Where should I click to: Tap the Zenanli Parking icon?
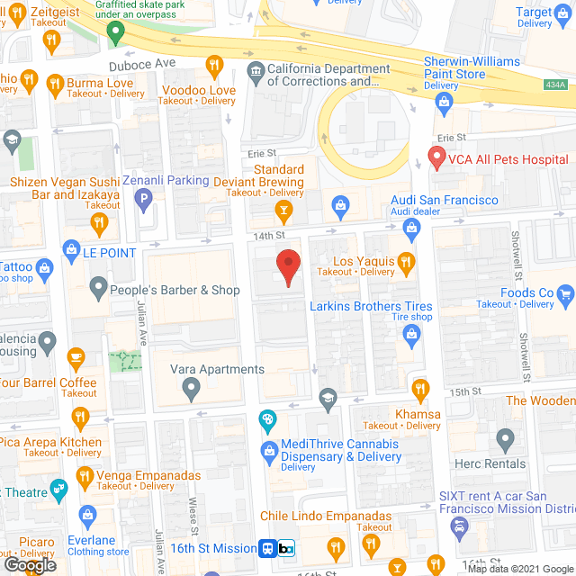point(142,202)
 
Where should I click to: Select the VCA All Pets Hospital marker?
point(436,158)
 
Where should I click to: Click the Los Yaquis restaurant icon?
point(406,263)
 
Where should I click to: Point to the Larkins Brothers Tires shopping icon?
point(412,336)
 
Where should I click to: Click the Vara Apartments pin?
point(190,389)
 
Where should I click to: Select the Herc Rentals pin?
point(505,440)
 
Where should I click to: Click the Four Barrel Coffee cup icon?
point(76,357)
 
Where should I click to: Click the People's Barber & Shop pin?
point(99,289)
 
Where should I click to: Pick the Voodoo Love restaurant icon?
point(214,65)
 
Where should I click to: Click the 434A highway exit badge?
point(555,85)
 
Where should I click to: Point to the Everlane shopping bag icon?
point(87,515)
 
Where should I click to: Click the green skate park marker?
point(114,33)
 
